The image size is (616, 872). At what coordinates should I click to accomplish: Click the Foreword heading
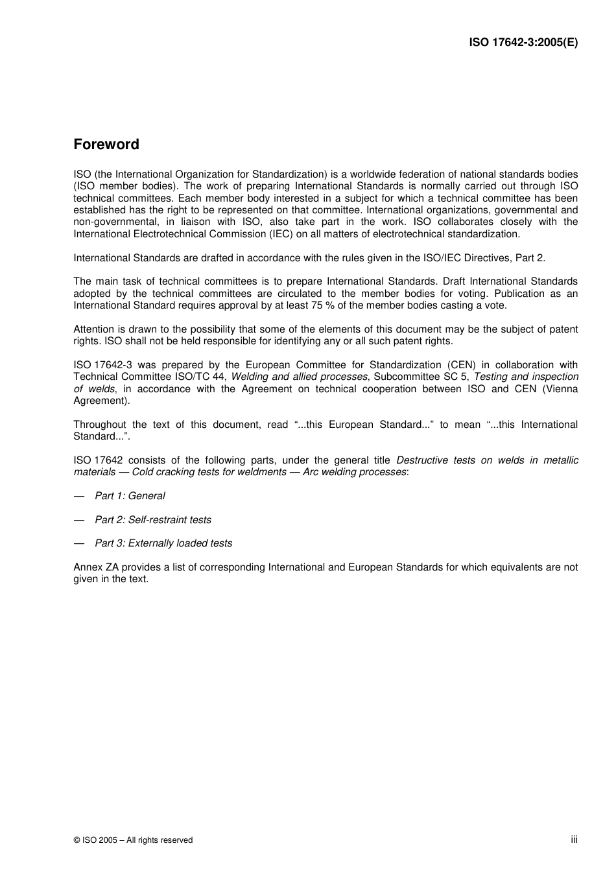106,145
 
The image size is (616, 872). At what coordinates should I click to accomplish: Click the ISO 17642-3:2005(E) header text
523,43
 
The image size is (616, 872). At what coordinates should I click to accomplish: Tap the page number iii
574,839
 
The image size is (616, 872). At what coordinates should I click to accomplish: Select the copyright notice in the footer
133,840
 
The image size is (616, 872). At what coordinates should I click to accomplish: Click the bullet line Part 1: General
130,496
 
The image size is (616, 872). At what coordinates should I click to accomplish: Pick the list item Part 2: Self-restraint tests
153,520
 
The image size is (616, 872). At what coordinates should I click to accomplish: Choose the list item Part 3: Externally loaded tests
163,543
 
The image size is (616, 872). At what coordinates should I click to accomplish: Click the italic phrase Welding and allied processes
300,377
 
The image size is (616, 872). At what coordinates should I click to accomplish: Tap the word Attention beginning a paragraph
94,329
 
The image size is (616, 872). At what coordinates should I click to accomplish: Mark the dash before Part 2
79,520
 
